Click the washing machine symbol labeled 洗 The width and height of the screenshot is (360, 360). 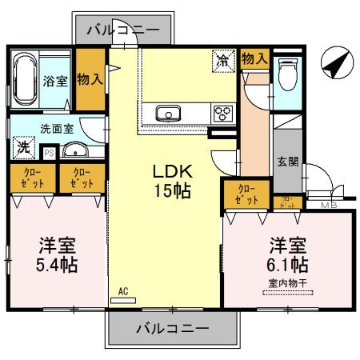(23, 147)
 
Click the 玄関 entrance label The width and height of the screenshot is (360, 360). (288, 160)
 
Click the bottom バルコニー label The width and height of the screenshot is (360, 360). (171, 329)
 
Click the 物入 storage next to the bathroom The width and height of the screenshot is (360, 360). (90, 79)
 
